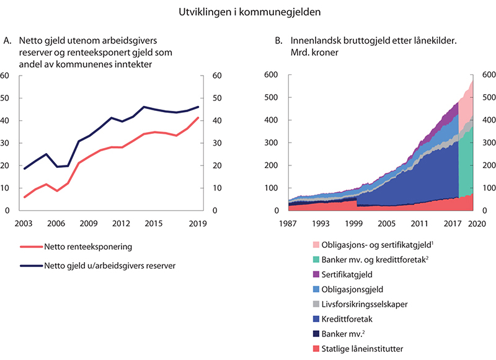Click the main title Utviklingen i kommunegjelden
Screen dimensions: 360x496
(248, 12)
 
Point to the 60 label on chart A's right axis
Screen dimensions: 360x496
(217, 76)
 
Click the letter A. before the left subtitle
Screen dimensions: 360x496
(7, 41)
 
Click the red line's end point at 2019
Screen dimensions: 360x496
(198, 118)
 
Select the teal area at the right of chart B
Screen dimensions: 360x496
(466, 167)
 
